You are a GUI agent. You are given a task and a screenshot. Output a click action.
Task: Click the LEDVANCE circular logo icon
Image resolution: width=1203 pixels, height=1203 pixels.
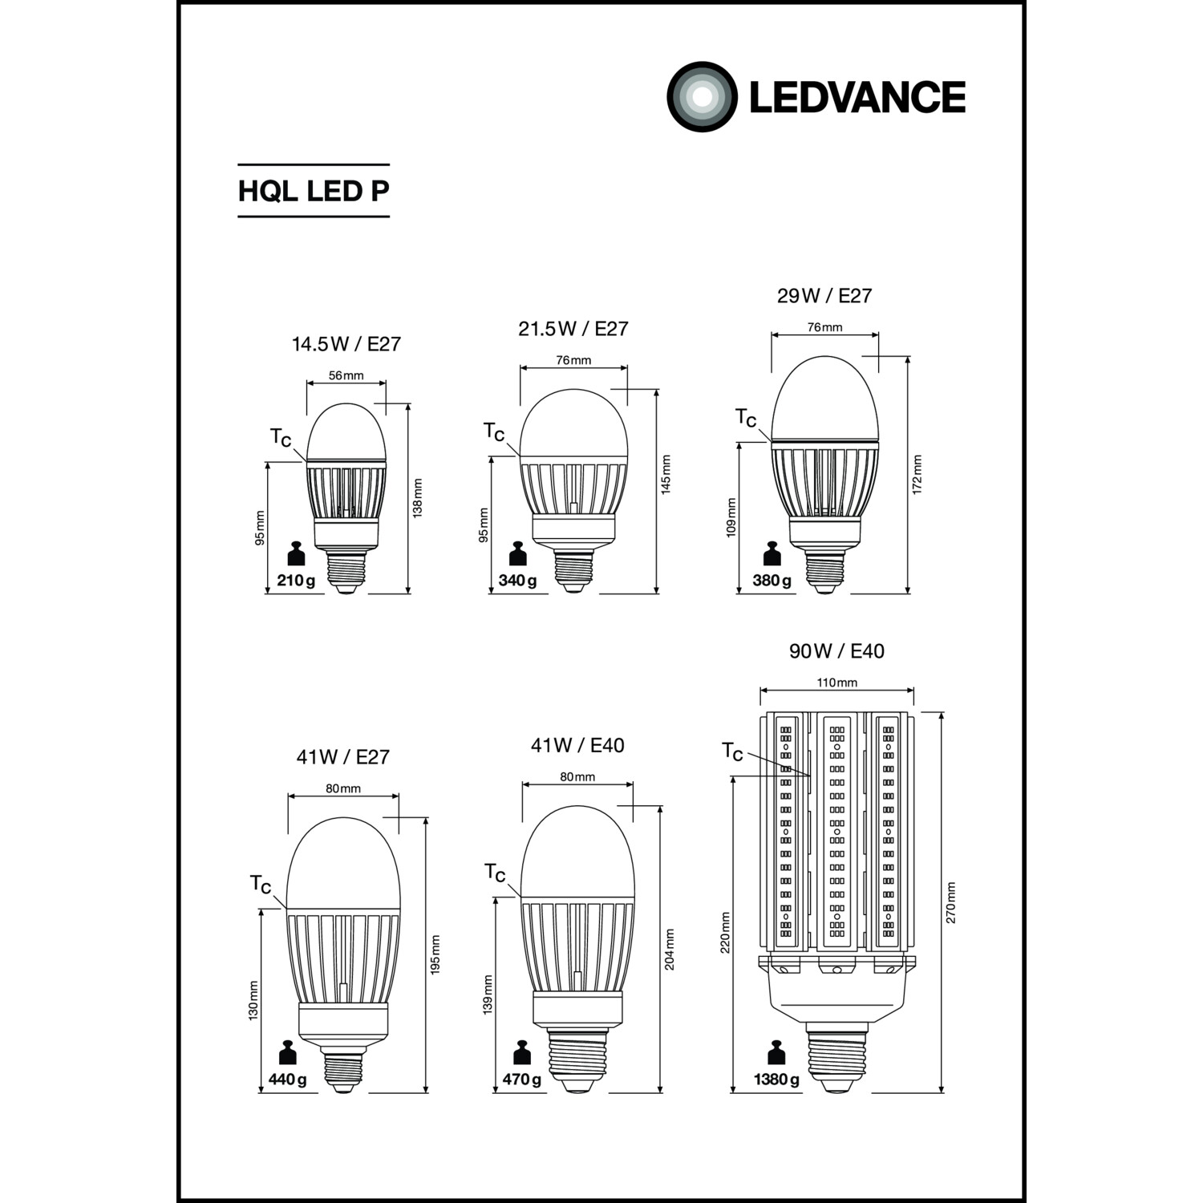click(702, 97)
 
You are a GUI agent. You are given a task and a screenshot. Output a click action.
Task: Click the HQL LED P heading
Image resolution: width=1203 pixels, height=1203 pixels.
click(314, 191)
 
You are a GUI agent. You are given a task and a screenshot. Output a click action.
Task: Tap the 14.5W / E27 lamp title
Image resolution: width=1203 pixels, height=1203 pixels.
click(346, 344)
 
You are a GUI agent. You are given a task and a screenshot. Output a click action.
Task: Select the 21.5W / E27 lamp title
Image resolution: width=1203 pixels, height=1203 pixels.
click(573, 329)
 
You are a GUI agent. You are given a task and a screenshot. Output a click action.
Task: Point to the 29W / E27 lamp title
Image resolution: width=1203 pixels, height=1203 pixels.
click(824, 296)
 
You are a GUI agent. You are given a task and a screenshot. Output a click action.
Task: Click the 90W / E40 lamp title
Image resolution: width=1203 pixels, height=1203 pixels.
click(836, 650)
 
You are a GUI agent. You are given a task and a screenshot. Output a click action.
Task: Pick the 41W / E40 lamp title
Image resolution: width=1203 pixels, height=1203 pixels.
click(577, 745)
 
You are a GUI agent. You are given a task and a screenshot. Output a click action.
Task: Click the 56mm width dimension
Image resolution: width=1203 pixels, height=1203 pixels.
click(346, 375)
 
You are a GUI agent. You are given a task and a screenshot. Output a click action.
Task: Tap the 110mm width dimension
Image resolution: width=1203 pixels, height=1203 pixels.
click(837, 683)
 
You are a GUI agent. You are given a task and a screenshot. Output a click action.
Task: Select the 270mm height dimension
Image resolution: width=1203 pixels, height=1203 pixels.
click(951, 902)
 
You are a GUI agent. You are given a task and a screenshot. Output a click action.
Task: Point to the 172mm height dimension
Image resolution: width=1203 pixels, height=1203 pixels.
click(917, 475)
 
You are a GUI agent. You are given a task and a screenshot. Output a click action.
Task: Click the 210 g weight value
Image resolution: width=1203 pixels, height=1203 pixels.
click(296, 580)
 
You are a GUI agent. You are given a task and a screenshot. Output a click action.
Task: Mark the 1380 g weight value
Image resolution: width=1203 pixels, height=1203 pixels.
click(776, 1079)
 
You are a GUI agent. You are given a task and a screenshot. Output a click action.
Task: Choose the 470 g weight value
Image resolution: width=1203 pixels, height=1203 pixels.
click(522, 1079)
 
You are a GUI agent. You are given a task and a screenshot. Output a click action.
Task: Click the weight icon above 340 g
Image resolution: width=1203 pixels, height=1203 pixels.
click(518, 555)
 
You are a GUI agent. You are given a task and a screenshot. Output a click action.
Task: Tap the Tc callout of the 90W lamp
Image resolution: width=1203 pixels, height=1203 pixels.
click(732, 751)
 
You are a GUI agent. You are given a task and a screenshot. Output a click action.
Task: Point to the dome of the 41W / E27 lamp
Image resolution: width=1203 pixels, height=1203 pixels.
click(343, 863)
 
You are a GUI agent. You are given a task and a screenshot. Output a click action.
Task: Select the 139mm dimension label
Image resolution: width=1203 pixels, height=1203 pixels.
click(488, 994)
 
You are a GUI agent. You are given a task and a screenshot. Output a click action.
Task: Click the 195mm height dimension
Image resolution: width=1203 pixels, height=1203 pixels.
click(435, 955)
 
